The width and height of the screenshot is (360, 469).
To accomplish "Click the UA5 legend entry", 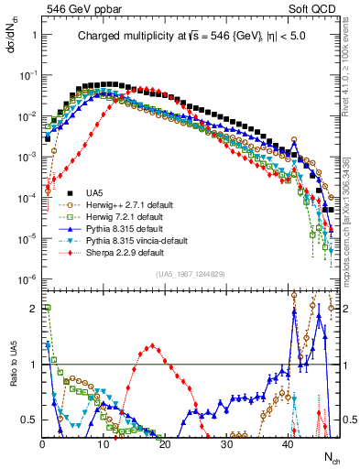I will pyautogui.click(x=94, y=191).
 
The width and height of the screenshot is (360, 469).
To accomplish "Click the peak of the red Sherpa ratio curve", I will pyautogui.click(x=151, y=345).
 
